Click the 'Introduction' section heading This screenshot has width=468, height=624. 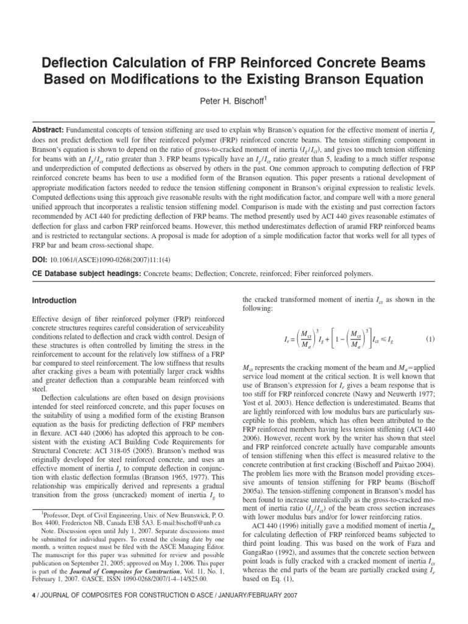point(54,300)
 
